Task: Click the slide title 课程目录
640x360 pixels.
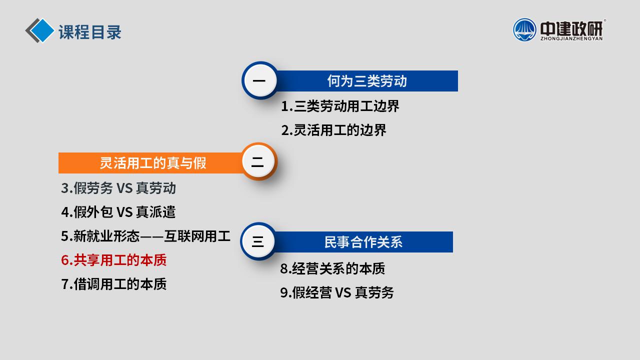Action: (90, 32)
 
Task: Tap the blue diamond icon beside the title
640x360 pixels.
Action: (41, 30)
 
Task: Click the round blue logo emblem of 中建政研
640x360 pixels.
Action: (524, 30)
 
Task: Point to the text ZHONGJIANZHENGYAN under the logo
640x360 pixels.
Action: (571, 38)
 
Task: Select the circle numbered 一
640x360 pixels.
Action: (259, 80)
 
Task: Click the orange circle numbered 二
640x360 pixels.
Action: (259, 161)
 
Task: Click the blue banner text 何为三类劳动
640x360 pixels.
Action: (367, 81)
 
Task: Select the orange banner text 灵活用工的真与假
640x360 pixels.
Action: (153, 163)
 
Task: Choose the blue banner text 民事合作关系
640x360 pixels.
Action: (363, 242)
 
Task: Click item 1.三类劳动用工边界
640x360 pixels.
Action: (340, 106)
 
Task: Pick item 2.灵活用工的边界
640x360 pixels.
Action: (333, 130)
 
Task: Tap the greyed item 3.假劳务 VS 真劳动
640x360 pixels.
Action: (118, 188)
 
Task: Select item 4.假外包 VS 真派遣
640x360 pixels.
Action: (118, 212)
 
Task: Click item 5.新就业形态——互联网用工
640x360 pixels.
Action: (145, 236)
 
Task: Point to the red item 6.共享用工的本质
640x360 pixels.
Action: (113, 260)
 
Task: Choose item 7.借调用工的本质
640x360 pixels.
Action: (113, 284)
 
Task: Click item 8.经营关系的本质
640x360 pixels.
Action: (332, 268)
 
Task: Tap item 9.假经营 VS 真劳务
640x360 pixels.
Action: (337, 292)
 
